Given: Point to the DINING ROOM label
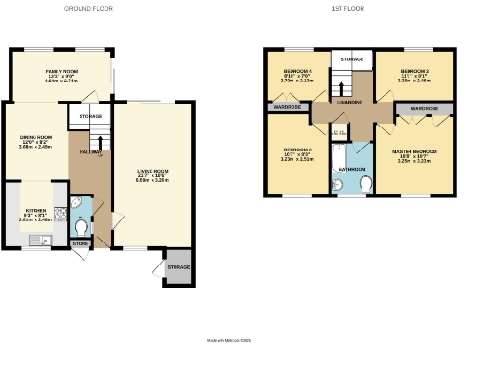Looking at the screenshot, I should [x=33, y=137].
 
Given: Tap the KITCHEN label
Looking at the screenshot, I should [x=35, y=209].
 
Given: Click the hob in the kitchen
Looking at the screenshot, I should [x=59, y=218].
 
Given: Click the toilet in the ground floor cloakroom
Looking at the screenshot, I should [x=81, y=227].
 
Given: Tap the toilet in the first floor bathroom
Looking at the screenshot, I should [x=366, y=183].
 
